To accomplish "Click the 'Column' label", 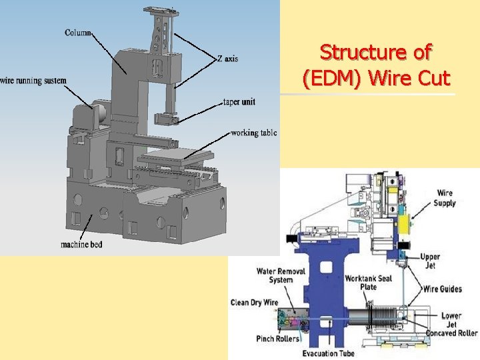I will pyautogui.click(x=78, y=33).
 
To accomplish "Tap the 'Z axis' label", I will pyautogui.click(x=227, y=59).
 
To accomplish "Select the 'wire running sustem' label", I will pyautogui.click(x=33, y=81).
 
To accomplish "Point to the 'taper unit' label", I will pyautogui.click(x=239, y=102).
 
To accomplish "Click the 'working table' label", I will pyautogui.click(x=253, y=133).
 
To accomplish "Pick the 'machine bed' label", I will pyautogui.click(x=82, y=245).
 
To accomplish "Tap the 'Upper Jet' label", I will pyautogui.click(x=430, y=261).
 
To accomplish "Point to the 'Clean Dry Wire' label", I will pyautogui.click(x=254, y=303).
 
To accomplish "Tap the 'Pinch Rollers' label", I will pyautogui.click(x=278, y=339).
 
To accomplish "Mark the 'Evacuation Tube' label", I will pyautogui.click(x=328, y=353).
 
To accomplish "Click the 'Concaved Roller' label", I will pyautogui.click(x=450, y=333).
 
